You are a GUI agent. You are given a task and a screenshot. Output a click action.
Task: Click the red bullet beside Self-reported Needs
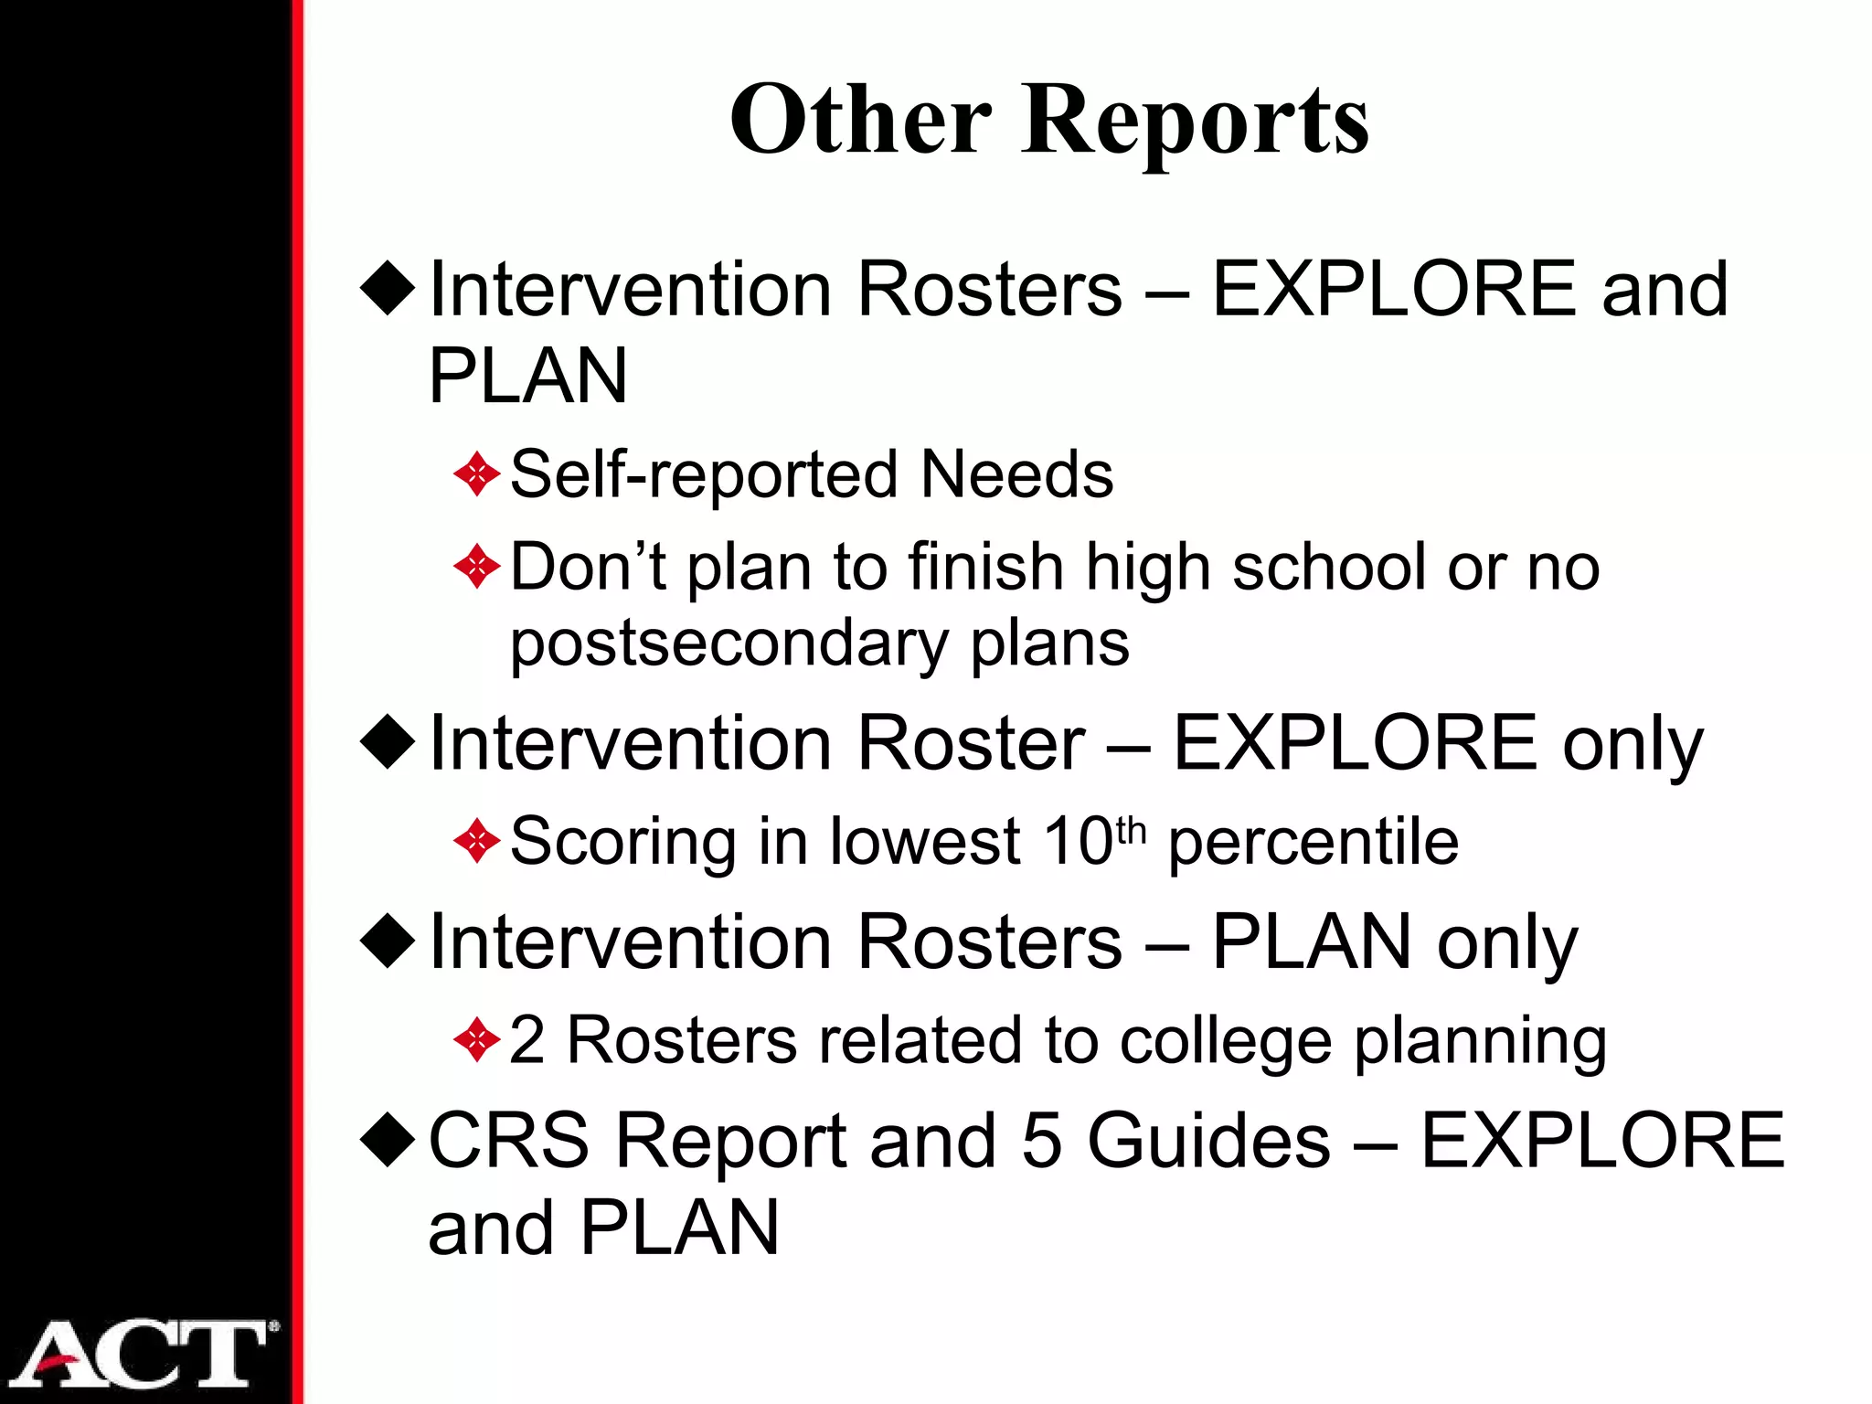[x=477, y=474]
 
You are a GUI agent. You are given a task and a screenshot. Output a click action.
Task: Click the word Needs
[x=1016, y=474]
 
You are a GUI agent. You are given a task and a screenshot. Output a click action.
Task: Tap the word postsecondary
[x=729, y=644]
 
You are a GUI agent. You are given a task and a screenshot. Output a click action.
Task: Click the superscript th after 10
[x=1131, y=830]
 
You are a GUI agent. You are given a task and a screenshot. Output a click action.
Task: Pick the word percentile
[x=1314, y=842]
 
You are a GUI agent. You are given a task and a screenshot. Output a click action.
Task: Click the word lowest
[x=924, y=841]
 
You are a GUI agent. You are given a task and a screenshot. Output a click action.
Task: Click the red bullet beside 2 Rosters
[x=477, y=1040]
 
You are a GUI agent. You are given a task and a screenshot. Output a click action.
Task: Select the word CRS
[x=509, y=1140]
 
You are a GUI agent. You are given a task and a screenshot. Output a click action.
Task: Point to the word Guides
[x=1208, y=1140]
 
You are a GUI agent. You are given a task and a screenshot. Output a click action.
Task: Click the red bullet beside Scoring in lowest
[x=477, y=841]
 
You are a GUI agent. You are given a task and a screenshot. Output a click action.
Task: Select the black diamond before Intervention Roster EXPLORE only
[x=388, y=741]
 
